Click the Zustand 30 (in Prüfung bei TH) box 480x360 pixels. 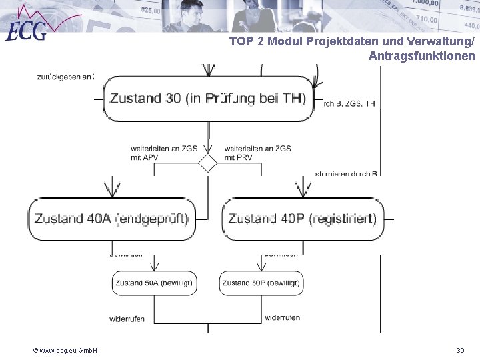208,99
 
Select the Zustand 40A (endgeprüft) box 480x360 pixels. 111,219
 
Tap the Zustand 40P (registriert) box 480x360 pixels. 302,219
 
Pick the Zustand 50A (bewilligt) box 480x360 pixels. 155,283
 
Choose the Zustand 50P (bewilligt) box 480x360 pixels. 261,283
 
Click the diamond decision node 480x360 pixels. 208,163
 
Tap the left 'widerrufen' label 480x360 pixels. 127,319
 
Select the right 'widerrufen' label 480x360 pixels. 282,317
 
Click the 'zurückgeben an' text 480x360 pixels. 65,77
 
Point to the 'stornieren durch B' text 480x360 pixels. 347,175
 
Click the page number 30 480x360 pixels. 459,350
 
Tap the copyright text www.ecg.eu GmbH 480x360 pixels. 66,350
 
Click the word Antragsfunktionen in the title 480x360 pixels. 421,56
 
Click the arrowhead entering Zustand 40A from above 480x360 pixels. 111,189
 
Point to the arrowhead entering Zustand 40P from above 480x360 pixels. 303,189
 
